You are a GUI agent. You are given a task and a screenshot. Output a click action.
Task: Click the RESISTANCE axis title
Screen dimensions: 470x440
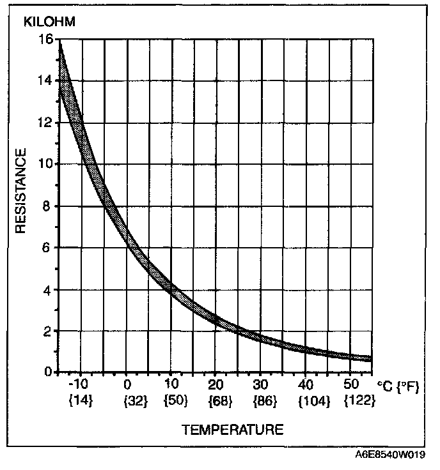(x=21, y=192)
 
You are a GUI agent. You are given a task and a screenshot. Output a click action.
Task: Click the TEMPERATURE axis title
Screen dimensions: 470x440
(x=233, y=430)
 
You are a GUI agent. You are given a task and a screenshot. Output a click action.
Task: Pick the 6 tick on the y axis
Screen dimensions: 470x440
(x=46, y=248)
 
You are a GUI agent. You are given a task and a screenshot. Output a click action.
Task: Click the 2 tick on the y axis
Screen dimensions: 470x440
(x=46, y=331)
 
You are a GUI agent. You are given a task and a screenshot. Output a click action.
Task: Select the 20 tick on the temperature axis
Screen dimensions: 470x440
(x=216, y=385)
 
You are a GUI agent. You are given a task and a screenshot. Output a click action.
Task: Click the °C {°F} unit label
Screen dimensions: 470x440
(x=397, y=387)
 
